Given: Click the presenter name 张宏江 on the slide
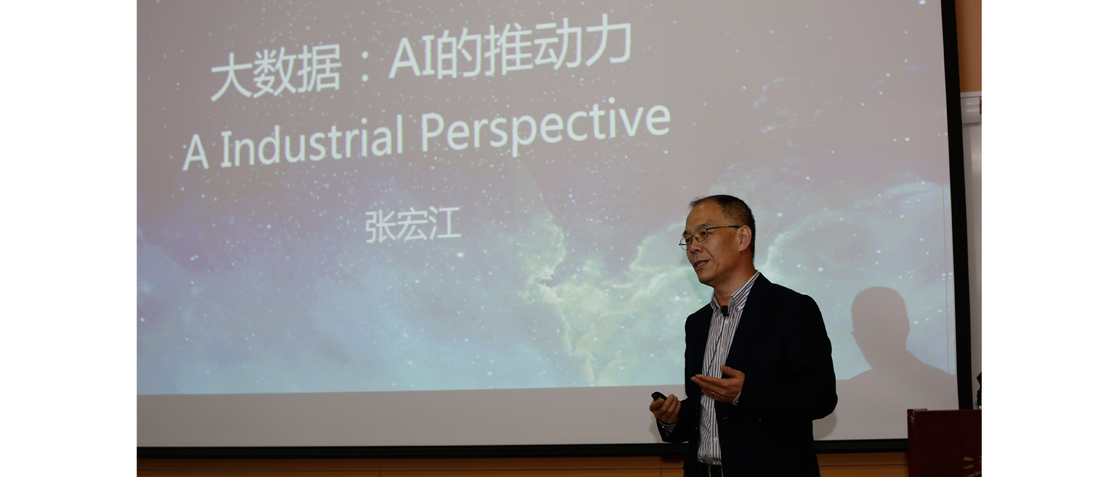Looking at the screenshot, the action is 412,225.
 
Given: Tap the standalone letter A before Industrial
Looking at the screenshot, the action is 195,153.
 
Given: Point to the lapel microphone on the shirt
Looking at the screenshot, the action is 724,310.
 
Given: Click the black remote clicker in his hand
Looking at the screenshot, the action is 658,396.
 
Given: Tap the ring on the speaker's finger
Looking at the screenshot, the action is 712,393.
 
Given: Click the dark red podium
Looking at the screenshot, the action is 944,443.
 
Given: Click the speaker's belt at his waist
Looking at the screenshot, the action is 711,470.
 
